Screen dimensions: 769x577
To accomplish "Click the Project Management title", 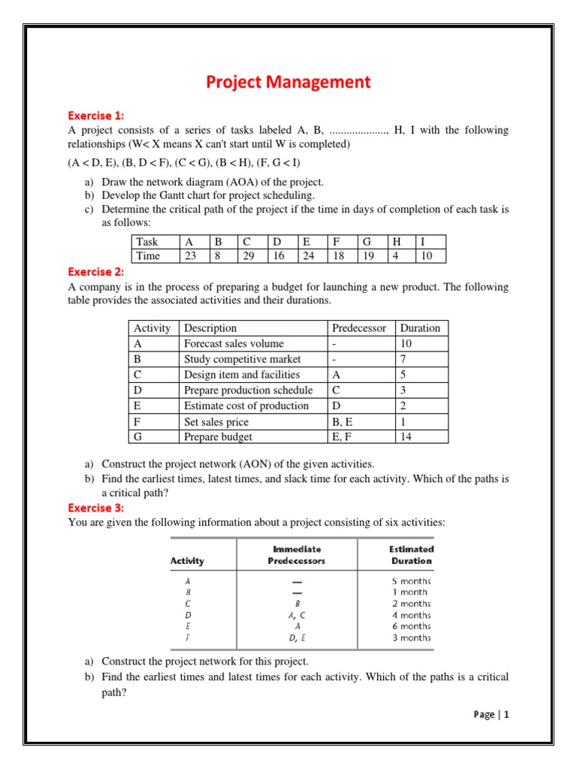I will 288,82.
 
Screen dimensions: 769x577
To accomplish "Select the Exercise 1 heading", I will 96,116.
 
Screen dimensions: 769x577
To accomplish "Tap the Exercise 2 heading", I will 96,272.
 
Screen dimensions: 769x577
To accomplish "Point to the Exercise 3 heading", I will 96,508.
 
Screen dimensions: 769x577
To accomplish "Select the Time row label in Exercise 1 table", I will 148,256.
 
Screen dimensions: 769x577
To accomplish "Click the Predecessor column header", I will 359,328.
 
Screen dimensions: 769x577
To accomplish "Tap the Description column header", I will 210,328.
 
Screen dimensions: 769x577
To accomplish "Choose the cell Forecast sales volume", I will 234,344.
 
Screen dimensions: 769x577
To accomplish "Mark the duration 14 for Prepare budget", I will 407,437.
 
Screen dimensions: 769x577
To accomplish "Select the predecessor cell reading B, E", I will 343,422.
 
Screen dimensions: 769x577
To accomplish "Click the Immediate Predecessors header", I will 296,555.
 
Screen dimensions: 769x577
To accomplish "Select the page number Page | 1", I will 491,715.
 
